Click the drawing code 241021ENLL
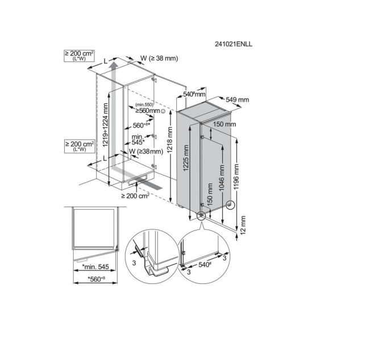(233, 44)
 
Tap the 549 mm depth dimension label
(238, 99)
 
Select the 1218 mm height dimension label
(169, 140)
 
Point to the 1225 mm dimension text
(186, 158)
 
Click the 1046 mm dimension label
(222, 178)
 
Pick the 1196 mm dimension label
(236, 177)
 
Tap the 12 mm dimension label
(243, 225)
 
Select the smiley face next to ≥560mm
(163, 111)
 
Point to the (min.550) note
(144, 104)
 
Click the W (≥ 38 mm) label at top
(159, 58)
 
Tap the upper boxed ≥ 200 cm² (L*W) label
(79, 56)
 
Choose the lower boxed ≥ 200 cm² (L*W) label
(79, 146)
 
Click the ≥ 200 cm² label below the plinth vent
(135, 196)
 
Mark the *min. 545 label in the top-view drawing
(95, 267)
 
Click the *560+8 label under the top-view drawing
(97, 279)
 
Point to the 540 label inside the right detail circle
(205, 265)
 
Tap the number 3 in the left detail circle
(134, 263)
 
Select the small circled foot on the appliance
(230, 204)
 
